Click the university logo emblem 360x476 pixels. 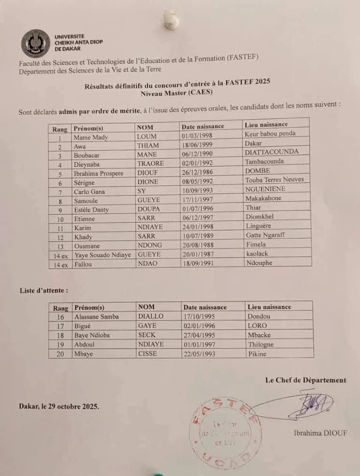click(35, 43)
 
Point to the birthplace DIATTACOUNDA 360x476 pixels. click(271, 152)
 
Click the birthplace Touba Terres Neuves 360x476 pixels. click(274, 179)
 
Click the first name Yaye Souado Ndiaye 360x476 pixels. click(102, 255)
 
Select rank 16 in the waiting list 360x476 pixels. click(60, 317)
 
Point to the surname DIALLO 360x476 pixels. click(150, 316)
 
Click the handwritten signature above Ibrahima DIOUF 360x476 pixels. click(312, 404)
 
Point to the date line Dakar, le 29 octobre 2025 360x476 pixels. click(60, 407)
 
